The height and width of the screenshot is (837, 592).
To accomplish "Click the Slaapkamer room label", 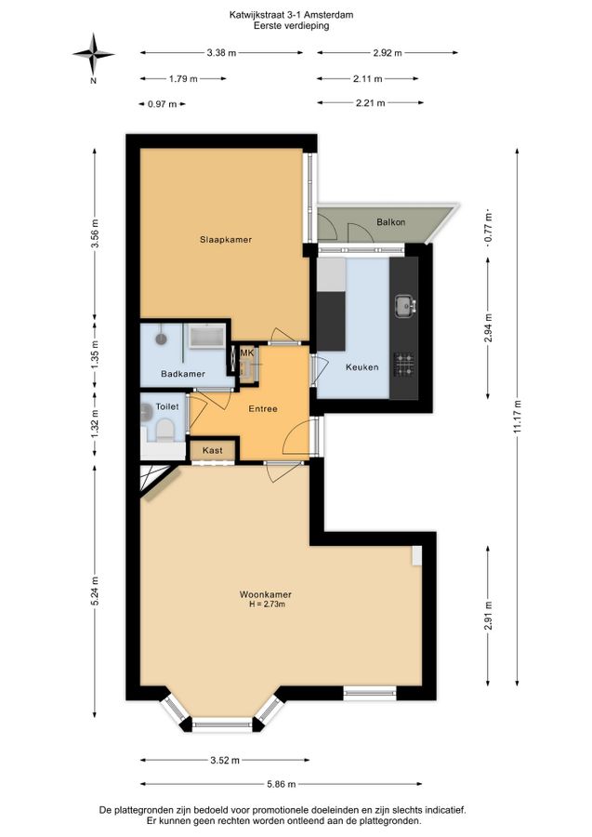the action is [x=226, y=240].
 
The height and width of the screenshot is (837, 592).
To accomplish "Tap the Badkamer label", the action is [x=183, y=374].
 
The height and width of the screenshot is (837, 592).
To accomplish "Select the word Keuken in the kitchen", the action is [x=362, y=367].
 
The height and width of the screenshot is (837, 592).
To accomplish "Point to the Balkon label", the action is [x=391, y=222].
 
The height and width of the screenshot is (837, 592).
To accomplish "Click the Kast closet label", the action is [x=212, y=450].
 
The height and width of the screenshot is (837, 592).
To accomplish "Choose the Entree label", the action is [x=263, y=409].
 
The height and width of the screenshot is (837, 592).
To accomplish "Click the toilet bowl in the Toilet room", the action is [x=164, y=431].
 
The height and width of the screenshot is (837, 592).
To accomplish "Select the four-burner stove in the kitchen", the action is [x=404, y=364].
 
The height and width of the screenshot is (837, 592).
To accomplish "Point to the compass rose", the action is [x=93, y=54].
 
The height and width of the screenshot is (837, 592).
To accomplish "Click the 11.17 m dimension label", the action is [x=518, y=418].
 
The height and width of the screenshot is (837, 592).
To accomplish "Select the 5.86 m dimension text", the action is [x=281, y=784].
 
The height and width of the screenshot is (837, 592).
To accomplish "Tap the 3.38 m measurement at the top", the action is [x=221, y=53].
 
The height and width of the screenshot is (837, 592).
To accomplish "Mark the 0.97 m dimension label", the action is [x=162, y=104].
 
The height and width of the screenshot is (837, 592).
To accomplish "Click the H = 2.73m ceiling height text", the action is [x=268, y=604].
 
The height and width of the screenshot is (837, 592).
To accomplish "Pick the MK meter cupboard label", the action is [x=247, y=352].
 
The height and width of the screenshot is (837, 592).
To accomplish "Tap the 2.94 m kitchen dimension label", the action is [x=489, y=328].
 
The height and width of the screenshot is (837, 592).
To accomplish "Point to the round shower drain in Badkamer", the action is [x=161, y=338].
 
